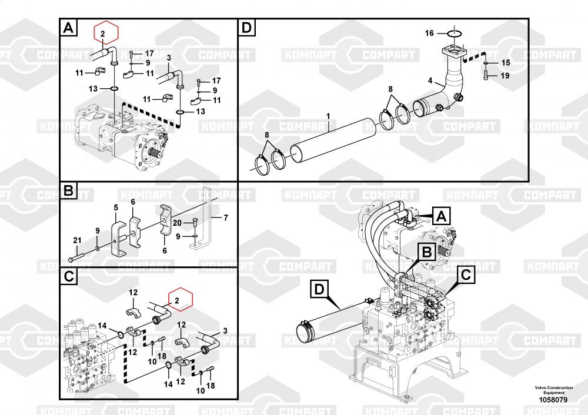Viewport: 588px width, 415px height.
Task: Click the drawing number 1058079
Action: point(553,400)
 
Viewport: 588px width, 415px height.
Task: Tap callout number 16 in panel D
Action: point(429,34)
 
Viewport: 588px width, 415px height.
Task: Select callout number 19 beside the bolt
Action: point(505,76)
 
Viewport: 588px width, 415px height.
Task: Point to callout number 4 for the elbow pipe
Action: point(430,81)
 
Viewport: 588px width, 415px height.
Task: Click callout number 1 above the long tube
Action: point(328,116)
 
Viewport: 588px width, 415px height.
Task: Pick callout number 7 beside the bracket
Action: point(226,217)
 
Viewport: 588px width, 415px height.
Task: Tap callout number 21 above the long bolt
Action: point(77,240)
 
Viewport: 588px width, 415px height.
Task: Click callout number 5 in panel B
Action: point(116,207)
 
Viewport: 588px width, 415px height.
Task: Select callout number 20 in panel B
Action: point(177,223)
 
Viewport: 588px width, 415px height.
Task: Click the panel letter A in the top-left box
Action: point(68,28)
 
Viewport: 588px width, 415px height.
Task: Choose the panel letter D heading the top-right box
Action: point(247,28)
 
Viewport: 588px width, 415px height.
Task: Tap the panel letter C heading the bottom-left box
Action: point(69,277)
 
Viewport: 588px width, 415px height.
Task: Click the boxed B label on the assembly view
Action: point(427,252)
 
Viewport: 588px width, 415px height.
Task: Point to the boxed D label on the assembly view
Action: point(319,289)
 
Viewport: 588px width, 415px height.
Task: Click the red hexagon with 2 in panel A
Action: point(106,32)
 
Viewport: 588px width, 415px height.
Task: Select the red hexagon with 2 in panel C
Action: point(181,300)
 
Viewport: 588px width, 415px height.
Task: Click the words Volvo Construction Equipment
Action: point(554,390)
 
